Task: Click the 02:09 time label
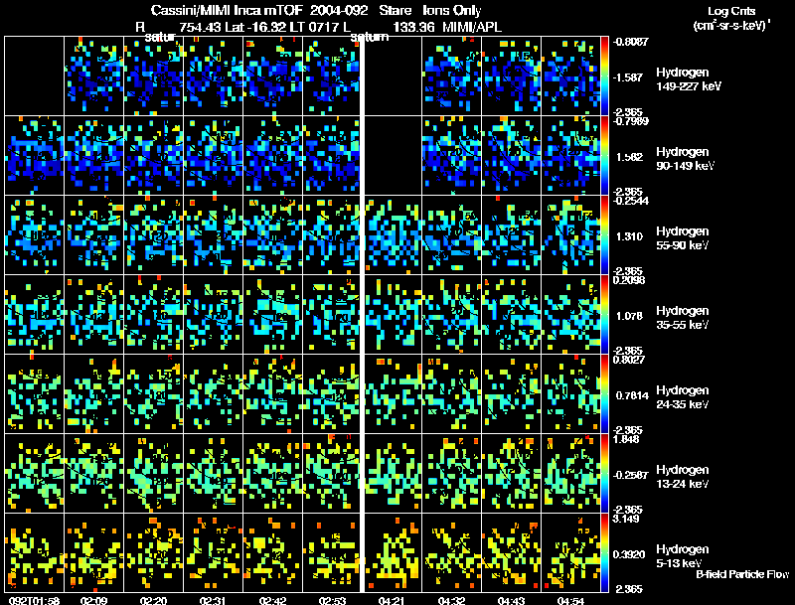click(94, 600)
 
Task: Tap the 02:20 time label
click(154, 600)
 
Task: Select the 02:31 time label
click(214, 600)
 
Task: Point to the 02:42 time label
click(273, 600)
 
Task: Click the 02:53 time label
click(333, 600)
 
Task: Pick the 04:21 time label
click(394, 600)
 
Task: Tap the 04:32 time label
click(453, 600)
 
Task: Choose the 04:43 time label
click(513, 600)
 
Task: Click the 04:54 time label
click(572, 600)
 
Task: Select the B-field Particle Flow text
click(741, 574)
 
